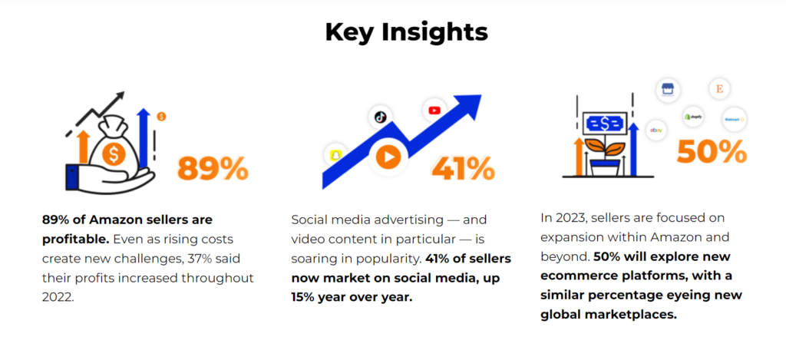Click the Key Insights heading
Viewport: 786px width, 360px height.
pos(406,32)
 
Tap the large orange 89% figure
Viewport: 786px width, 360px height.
pos(213,168)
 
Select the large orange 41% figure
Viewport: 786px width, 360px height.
pos(463,168)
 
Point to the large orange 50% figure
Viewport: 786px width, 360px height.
pos(712,152)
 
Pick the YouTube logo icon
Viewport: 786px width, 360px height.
pos(434,111)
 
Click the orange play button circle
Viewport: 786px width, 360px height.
pos(385,157)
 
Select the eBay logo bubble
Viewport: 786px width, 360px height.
pos(657,130)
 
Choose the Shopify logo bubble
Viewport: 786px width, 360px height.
pos(693,117)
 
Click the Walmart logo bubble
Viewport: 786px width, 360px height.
pos(734,119)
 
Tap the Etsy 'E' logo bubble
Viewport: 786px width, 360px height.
pos(720,89)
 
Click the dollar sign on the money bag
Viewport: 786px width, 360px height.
pos(114,154)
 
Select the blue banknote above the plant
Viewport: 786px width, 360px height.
pos(605,124)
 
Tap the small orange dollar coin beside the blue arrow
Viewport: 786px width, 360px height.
pos(161,117)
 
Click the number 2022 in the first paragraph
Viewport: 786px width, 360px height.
pos(58,297)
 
